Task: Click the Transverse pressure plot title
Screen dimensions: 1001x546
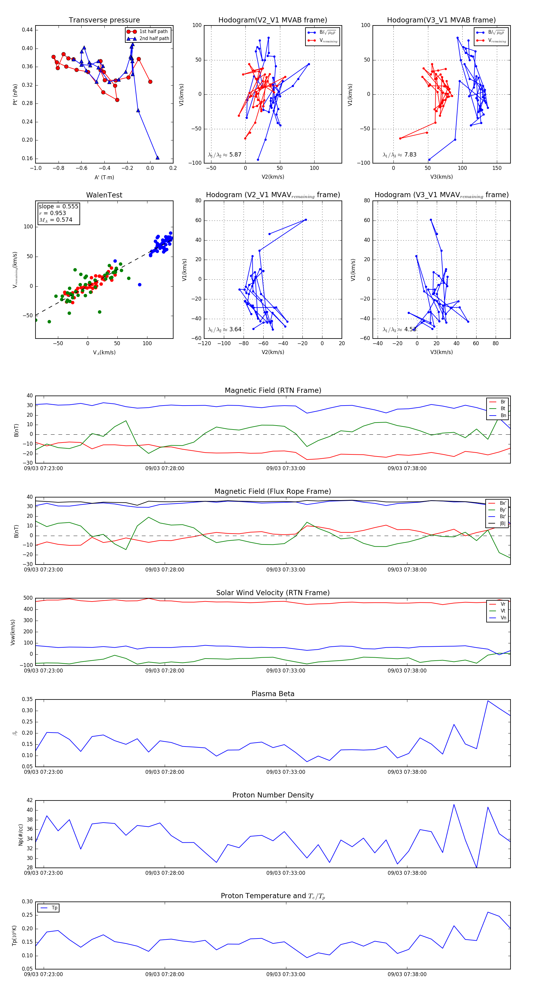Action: tap(104, 20)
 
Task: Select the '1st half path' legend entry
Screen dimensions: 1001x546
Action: tap(153, 32)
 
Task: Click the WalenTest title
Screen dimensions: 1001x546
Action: tap(104, 195)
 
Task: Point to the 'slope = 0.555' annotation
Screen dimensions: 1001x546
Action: tap(58, 206)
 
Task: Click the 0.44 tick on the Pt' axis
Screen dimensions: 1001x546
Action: tap(27, 30)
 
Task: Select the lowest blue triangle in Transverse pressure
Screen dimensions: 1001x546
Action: tap(157, 158)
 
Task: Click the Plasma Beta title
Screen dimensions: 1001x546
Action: tap(273, 694)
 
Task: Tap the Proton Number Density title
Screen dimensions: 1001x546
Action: tap(273, 795)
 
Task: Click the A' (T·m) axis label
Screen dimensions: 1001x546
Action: tap(104, 177)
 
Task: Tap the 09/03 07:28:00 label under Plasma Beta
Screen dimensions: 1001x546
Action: tap(164, 772)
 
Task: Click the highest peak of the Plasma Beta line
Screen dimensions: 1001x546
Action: tap(488, 701)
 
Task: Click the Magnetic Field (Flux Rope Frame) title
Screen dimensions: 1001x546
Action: tap(273, 492)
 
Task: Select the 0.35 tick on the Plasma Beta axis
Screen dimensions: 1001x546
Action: tap(27, 699)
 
